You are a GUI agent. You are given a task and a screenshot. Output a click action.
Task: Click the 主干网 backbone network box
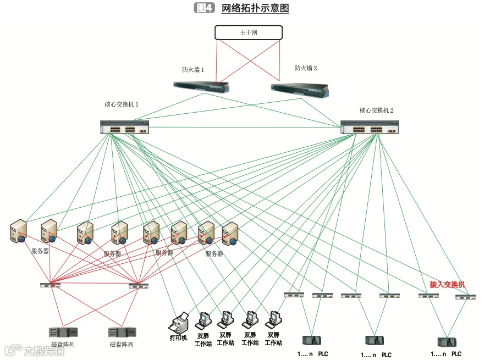pos(249,32)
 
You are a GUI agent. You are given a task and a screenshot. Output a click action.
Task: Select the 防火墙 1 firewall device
pos(201,86)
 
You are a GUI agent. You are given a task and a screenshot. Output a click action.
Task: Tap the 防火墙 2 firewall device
pos(300,88)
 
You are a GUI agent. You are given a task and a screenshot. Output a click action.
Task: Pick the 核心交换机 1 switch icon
pos(124,128)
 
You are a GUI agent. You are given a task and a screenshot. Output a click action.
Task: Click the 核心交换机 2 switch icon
pos(365,128)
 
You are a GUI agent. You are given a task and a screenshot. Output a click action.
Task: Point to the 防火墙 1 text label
pos(193,70)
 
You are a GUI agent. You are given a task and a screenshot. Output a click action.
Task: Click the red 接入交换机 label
pos(447,284)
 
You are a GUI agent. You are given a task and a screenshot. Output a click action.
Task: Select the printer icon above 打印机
pos(180,321)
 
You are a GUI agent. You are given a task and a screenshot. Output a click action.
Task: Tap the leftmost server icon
pos(19,231)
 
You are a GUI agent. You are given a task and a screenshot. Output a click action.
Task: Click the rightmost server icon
pos(230,233)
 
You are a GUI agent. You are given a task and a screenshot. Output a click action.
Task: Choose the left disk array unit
pos(63,332)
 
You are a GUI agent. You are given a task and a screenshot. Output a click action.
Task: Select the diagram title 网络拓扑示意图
pos(255,8)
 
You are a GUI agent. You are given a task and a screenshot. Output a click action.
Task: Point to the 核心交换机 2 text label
pos(377,110)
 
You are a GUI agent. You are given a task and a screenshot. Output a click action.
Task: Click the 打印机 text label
pos(178,337)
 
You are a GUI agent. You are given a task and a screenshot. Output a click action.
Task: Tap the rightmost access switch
pos(465,297)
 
